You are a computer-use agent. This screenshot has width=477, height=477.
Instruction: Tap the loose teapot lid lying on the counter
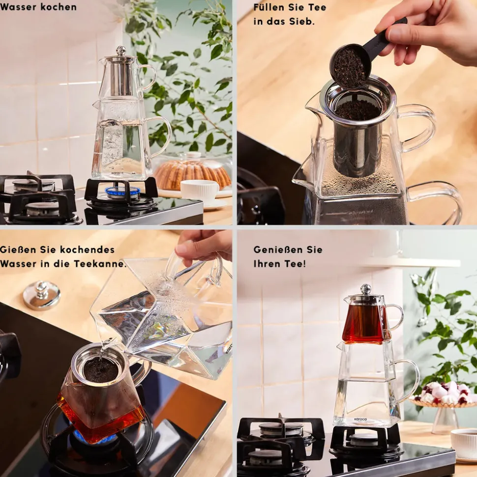(42, 295)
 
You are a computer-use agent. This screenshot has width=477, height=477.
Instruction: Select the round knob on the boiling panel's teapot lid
(121, 50)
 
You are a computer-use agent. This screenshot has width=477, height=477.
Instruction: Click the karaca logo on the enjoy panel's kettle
(360, 419)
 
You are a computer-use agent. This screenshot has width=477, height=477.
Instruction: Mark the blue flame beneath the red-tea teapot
(91, 437)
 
